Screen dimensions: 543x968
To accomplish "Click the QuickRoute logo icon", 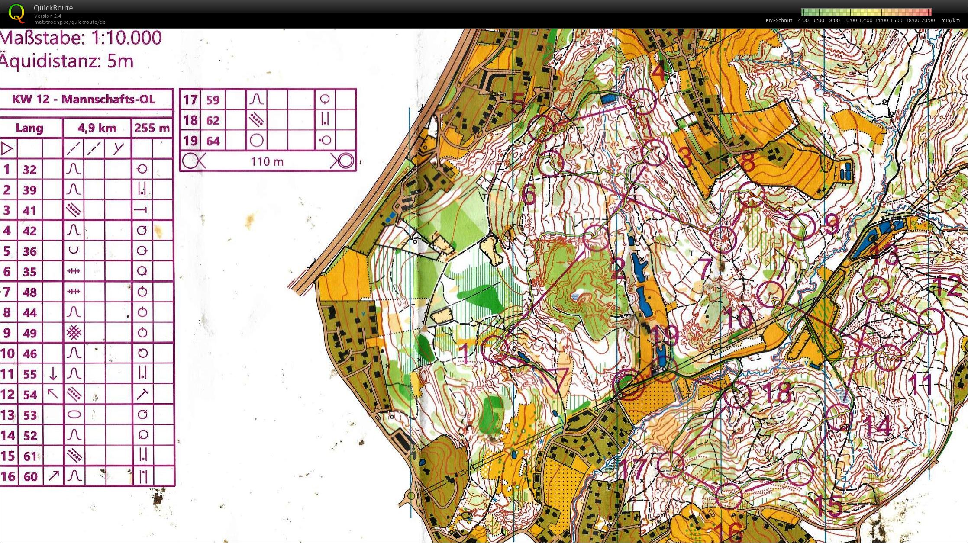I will (16, 13).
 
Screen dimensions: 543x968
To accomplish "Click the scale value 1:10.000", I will (126, 38).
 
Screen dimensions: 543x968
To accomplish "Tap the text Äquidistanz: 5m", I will (67, 61).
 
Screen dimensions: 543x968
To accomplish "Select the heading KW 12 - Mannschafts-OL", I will (84, 100).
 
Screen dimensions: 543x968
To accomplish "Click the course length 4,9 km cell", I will (97, 128).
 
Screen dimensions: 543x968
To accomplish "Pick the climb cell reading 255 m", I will (152, 128).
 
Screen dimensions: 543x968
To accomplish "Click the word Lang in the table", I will (29, 128).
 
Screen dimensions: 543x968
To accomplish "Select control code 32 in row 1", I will (29, 170).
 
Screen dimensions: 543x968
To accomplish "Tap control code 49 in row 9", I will (29, 333).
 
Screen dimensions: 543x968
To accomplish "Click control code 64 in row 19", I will (213, 141).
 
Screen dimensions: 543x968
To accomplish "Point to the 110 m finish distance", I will (267, 162).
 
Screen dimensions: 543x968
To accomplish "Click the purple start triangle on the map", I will (555, 379).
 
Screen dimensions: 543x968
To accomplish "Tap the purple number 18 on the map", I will (777, 393).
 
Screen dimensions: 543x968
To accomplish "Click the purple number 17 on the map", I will (634, 469).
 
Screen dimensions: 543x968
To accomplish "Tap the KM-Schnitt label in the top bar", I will (779, 20).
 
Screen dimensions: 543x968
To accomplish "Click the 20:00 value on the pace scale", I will (928, 20).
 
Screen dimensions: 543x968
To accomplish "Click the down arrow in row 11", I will (53, 373).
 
